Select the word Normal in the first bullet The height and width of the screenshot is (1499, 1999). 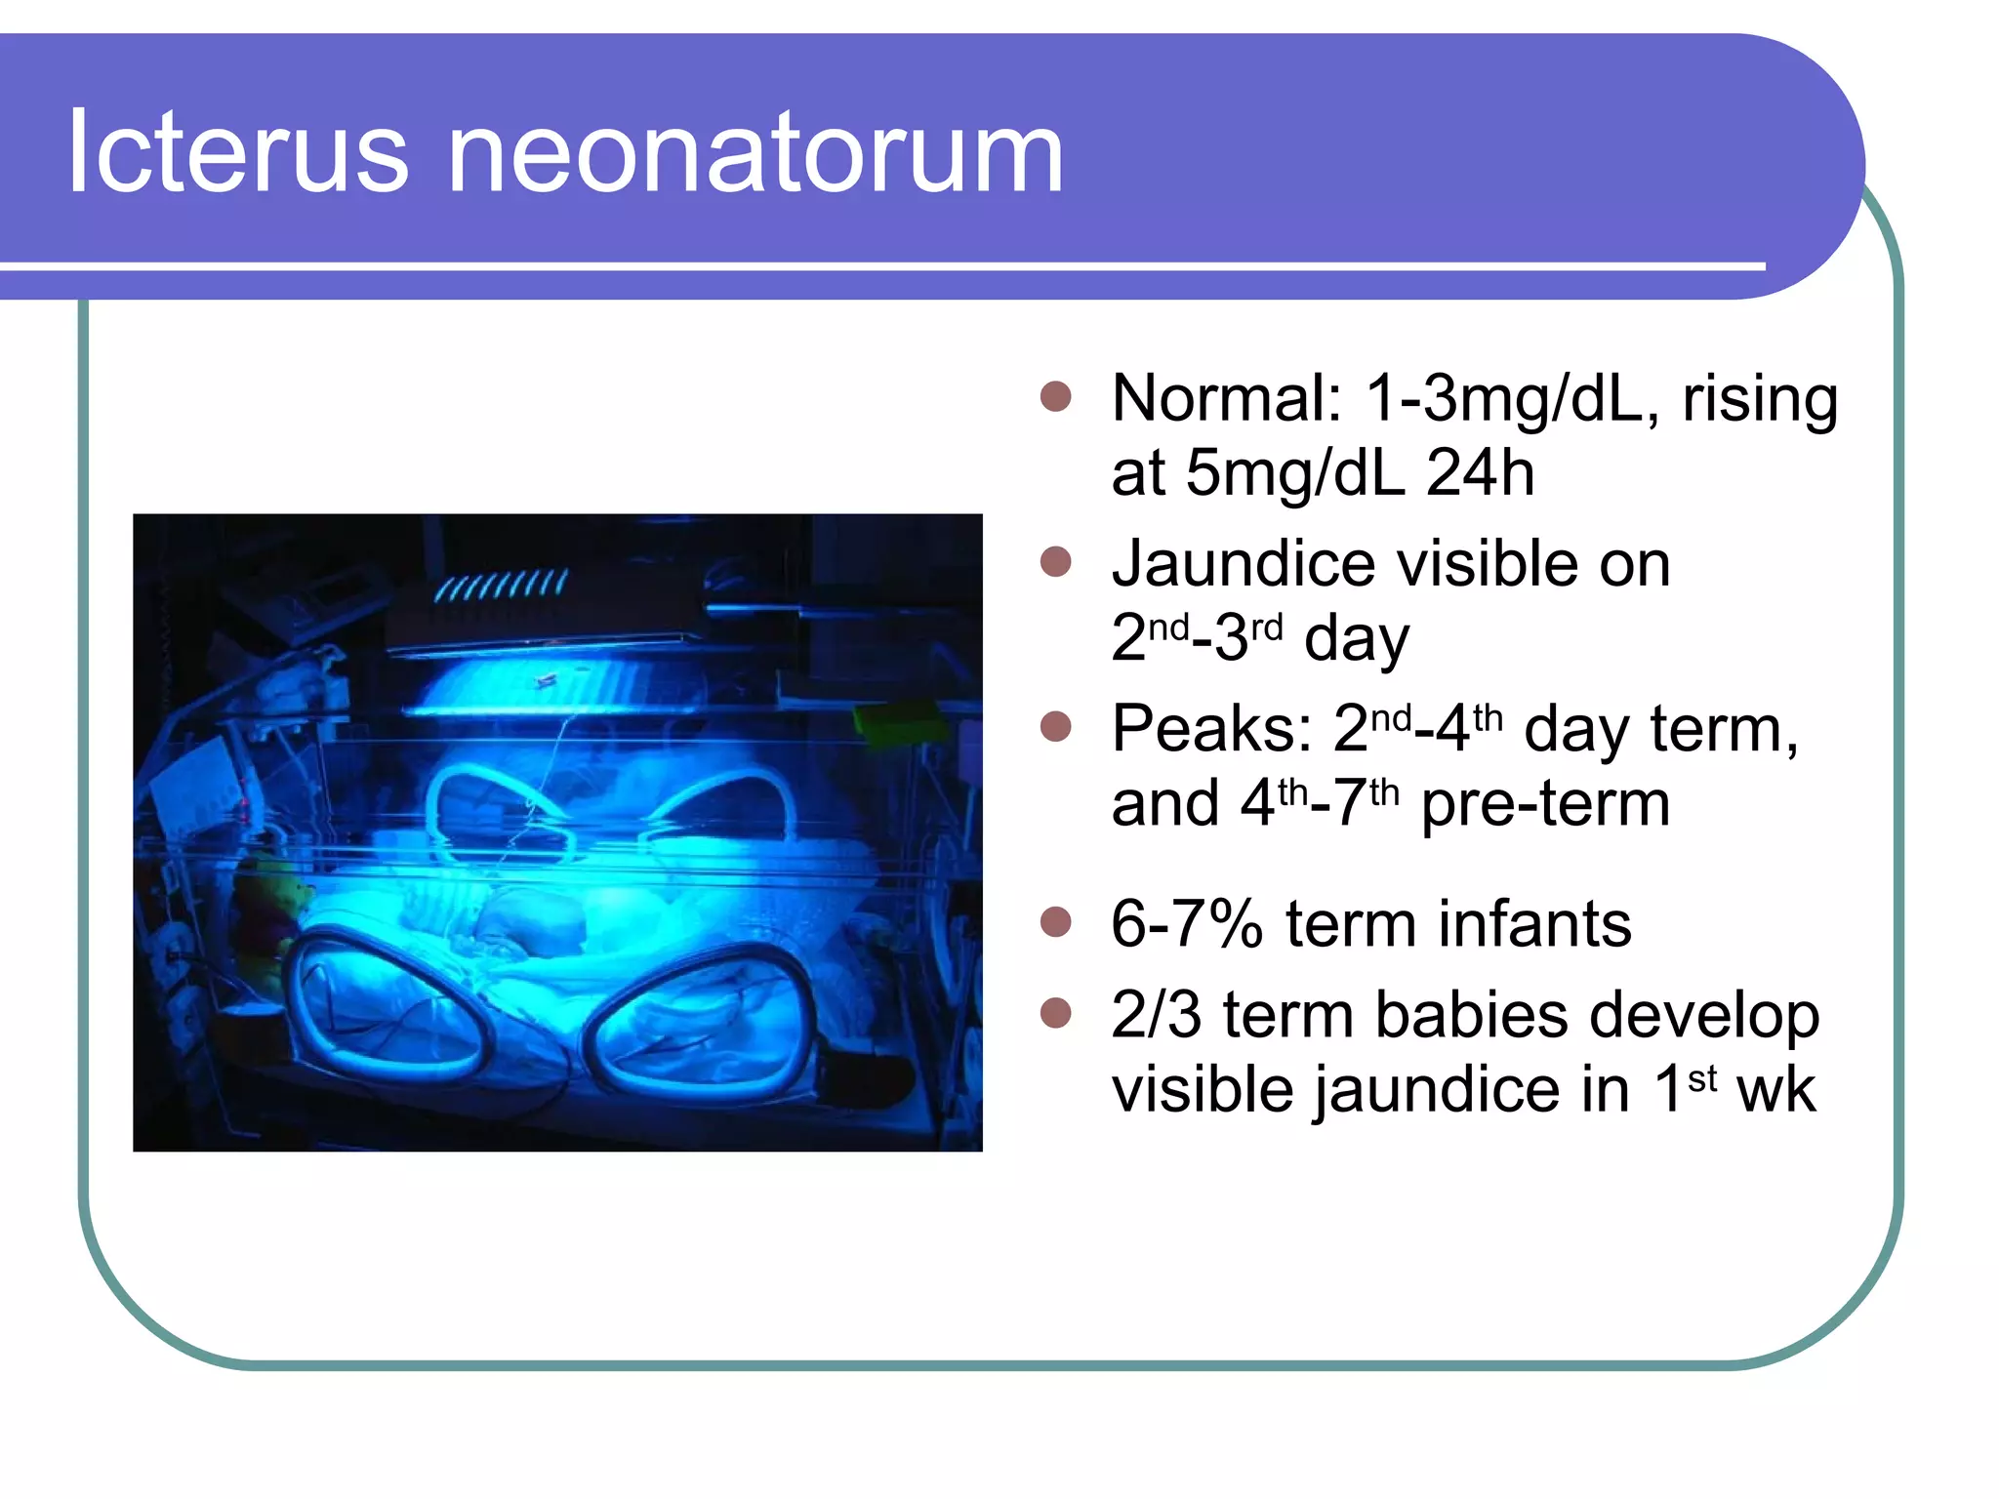(1226, 399)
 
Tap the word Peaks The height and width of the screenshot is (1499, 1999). (1211, 730)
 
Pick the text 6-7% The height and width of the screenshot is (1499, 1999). (1187, 924)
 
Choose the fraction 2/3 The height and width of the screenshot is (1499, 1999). (1156, 1015)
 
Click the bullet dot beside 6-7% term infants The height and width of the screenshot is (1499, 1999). (1055, 921)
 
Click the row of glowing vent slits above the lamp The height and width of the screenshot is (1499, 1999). (500, 587)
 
